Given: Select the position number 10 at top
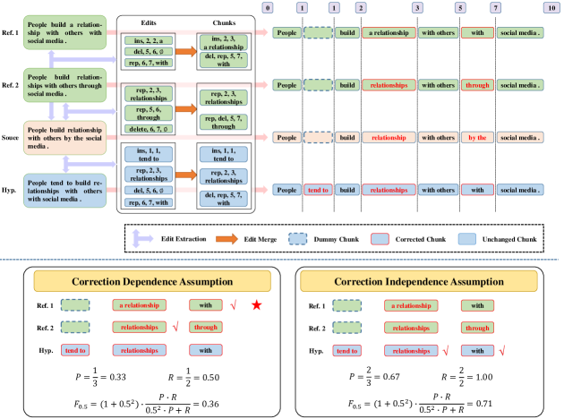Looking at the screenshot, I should (x=546, y=7).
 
